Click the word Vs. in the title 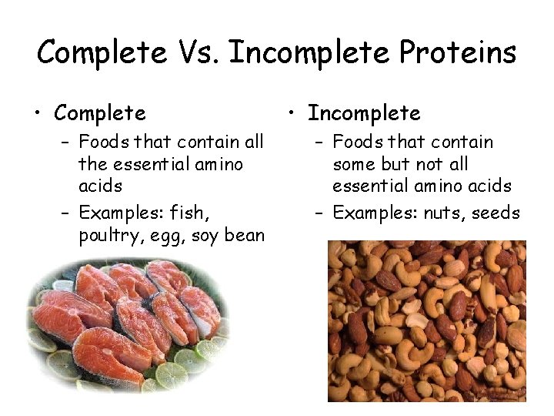click(x=198, y=52)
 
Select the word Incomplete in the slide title click(x=310, y=52)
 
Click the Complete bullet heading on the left click(x=99, y=113)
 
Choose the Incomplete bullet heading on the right click(x=364, y=113)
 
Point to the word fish click(x=191, y=213)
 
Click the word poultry click(x=107, y=235)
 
